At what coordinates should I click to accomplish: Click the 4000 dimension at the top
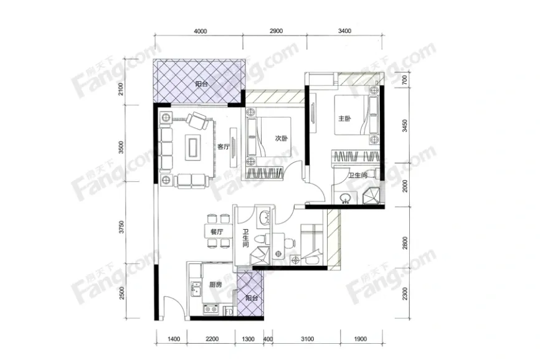point(201,31)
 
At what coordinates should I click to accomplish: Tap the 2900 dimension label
point(276,31)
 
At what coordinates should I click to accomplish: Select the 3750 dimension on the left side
point(121,227)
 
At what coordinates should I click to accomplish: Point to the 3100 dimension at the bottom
point(307,339)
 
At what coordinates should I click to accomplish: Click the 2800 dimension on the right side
point(405,243)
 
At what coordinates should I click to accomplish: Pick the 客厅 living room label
point(223,147)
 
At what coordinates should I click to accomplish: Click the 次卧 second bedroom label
point(282,138)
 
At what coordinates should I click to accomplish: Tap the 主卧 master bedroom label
point(344,118)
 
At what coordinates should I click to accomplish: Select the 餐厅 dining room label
point(217,232)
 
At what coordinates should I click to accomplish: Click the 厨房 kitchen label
point(216,285)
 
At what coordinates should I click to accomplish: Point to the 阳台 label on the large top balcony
point(201,83)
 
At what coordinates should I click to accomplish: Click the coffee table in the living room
point(194,148)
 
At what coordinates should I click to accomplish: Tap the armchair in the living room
point(197,121)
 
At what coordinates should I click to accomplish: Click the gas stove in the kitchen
point(211,309)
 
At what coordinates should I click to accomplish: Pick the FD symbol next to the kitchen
point(229,312)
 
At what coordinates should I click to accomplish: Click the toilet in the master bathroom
point(374,173)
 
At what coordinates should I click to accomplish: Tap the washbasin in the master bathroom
point(345,199)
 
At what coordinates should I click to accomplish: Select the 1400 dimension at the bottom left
point(174,339)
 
